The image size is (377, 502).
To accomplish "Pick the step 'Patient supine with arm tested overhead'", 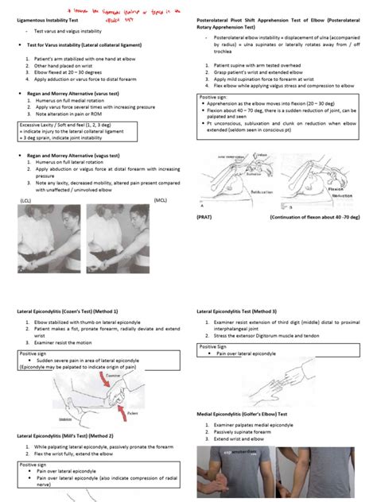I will point(255,64).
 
